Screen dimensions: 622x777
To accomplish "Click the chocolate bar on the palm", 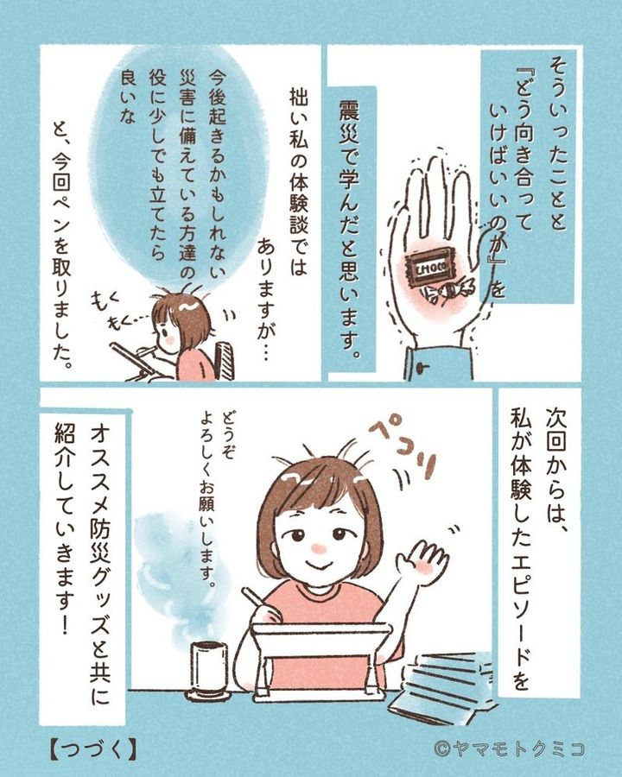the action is [x=427, y=269].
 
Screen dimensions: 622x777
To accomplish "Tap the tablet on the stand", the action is [x=320, y=658].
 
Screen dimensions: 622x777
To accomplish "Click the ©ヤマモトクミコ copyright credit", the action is [x=509, y=749].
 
